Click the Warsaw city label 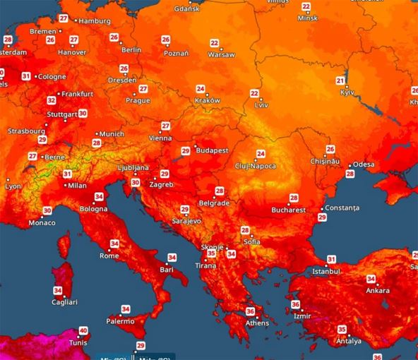coord(222,53)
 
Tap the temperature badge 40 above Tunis coord(83,330)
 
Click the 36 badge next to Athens coord(250,311)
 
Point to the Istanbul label coord(326,271)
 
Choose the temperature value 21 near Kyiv coord(340,81)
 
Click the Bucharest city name coord(288,210)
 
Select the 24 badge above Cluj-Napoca coord(261,154)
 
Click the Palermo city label coord(119,321)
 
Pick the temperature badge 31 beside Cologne coord(26,76)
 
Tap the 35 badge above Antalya coord(342,330)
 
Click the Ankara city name coord(378,290)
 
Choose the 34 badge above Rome coord(114,244)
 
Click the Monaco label coord(41,223)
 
